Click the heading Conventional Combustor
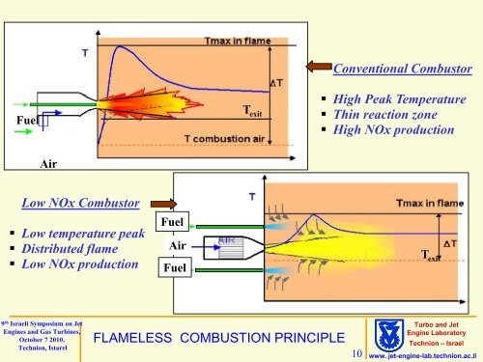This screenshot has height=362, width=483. [x=401, y=70]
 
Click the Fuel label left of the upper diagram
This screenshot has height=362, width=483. [x=16, y=119]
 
